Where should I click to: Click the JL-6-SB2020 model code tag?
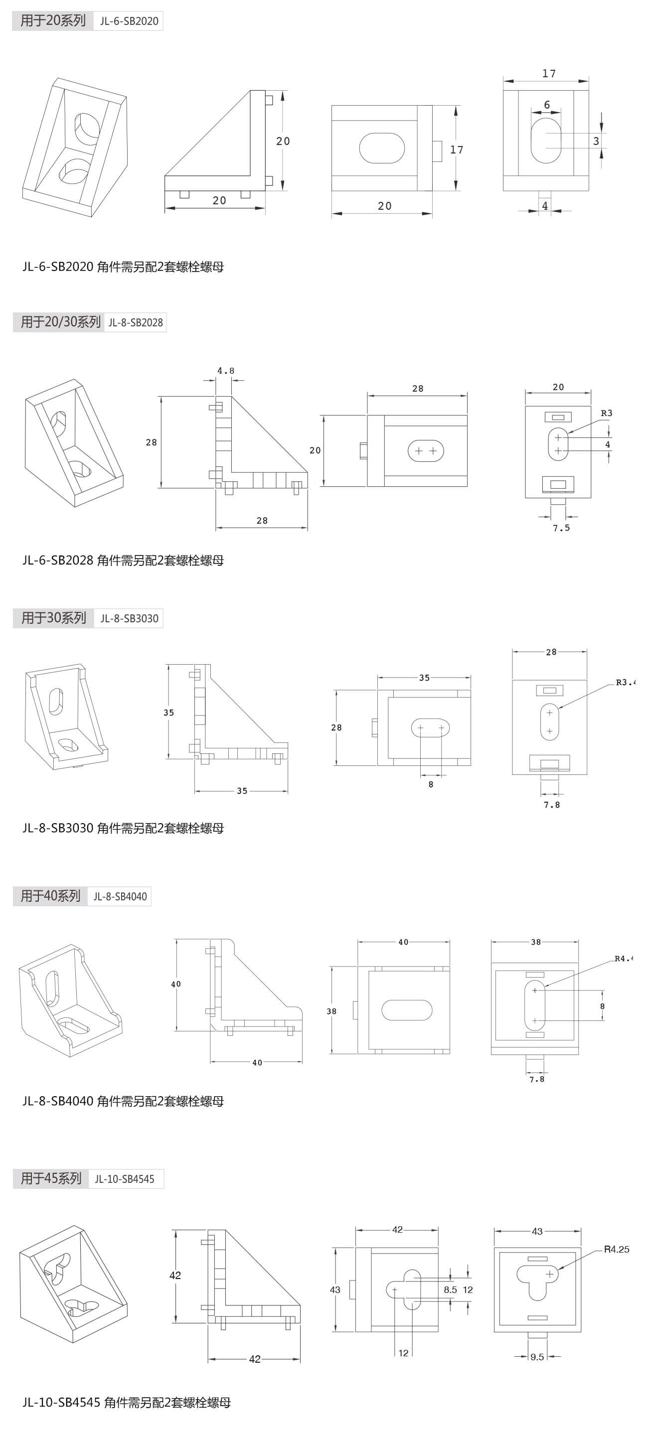pyautogui.click(x=129, y=21)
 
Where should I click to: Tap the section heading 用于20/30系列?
pyautogui.click(x=60, y=322)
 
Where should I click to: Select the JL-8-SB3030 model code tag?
pyautogui.click(x=129, y=618)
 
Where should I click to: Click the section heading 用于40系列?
pyautogui.click(x=50, y=896)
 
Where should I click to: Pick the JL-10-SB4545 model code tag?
pyautogui.click(x=124, y=1179)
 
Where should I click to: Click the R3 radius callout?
pyautogui.click(x=607, y=413)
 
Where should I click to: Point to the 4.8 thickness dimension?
pyautogui.click(x=225, y=371)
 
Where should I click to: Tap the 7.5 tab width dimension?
pyautogui.click(x=561, y=528)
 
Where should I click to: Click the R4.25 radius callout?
pyautogui.click(x=617, y=1249)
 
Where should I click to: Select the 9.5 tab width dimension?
pyautogui.click(x=537, y=1357)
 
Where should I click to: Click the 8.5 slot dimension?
pyautogui.click(x=450, y=1290)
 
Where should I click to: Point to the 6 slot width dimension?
pyautogui.click(x=546, y=105)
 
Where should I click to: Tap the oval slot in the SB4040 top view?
pyautogui.click(x=407, y=1010)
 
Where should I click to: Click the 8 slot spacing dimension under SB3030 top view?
pyautogui.click(x=431, y=784)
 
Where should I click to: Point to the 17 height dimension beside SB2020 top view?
pyautogui.click(x=456, y=150)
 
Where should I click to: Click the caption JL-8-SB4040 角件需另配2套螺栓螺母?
pyautogui.click(x=123, y=1101)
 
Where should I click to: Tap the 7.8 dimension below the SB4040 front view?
pyautogui.click(x=536, y=1079)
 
